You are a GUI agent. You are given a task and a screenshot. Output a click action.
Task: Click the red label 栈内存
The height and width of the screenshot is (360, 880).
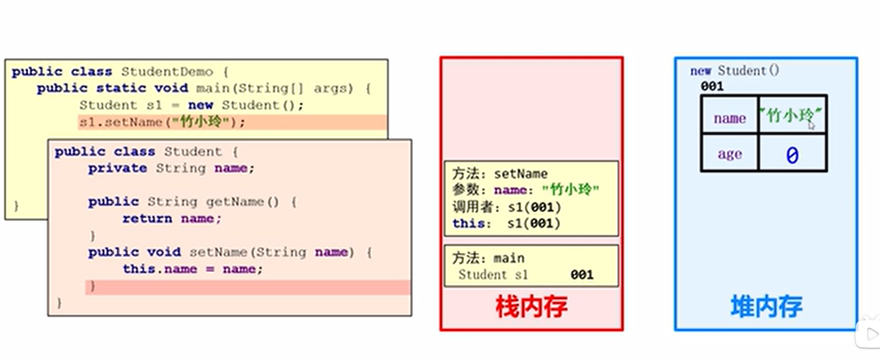point(531,306)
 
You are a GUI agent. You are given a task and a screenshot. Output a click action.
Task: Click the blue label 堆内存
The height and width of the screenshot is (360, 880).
point(766,306)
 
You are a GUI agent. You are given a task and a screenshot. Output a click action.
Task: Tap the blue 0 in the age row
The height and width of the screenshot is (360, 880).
point(792,155)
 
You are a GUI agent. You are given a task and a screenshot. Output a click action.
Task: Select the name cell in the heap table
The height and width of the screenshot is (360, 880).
point(729,118)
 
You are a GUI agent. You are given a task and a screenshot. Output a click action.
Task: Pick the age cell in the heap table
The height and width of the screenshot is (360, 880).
point(729,154)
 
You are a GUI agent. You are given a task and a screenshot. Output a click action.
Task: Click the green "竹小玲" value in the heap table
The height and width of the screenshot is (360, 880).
point(790,115)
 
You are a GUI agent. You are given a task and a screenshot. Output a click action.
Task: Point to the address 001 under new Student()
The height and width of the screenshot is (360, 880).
point(712,86)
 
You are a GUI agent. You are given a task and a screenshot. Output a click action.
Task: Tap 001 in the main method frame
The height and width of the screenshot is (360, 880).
point(582,274)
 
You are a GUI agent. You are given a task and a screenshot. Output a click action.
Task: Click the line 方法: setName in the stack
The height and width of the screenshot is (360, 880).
point(499,173)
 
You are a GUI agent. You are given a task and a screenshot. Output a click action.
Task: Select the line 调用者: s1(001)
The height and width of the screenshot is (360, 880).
point(506,207)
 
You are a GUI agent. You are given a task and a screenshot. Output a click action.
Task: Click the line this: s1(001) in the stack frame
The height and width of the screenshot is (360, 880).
point(506,223)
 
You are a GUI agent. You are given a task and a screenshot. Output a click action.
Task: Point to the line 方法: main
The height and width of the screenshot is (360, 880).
point(488,258)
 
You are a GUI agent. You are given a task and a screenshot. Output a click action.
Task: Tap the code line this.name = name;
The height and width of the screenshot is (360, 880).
point(192,269)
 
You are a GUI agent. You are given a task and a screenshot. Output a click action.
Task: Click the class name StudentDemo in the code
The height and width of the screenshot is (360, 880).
point(167,72)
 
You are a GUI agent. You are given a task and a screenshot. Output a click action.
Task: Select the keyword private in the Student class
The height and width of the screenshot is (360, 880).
point(117,168)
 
